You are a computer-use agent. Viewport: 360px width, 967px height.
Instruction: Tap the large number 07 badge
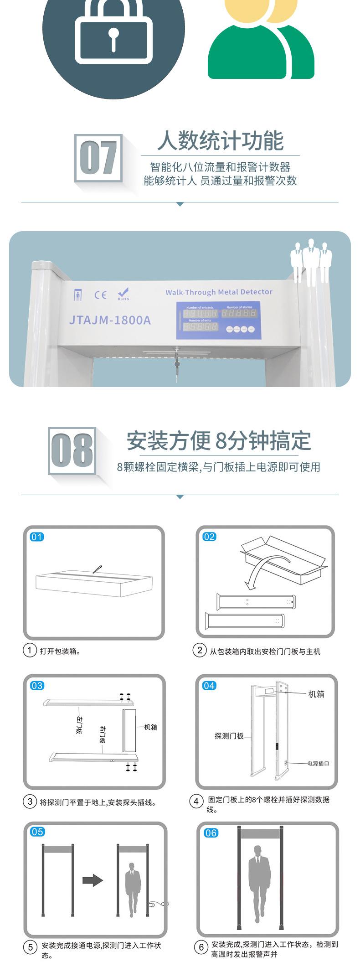tap(98, 158)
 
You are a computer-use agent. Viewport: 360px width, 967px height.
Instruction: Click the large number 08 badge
tap(72, 450)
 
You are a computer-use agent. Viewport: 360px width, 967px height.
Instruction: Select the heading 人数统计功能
tap(221, 140)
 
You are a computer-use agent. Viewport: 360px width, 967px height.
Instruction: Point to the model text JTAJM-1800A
tap(110, 320)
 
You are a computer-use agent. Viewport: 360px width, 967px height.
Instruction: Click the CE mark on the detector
tap(100, 295)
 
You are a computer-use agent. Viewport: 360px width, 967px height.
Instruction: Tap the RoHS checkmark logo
tap(123, 294)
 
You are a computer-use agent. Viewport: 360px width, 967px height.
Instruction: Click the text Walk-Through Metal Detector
tap(219, 292)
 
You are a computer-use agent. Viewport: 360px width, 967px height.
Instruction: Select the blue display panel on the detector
tap(218, 320)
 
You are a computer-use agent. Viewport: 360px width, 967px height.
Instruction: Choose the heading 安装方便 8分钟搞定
tap(219, 440)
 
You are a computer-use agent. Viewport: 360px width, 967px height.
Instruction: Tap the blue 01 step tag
tap(37, 537)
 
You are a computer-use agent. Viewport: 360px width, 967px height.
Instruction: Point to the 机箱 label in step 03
tap(150, 727)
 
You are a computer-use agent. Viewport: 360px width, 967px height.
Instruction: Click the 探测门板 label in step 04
tap(229, 736)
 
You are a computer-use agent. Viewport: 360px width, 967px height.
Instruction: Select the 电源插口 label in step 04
tap(318, 763)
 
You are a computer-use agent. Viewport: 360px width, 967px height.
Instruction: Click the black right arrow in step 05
tap(93, 880)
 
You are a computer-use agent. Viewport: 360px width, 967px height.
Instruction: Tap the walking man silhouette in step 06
tap(259, 881)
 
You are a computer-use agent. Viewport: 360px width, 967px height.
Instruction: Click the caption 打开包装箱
tap(61, 651)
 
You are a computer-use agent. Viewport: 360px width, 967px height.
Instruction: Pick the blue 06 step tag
tap(211, 833)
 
